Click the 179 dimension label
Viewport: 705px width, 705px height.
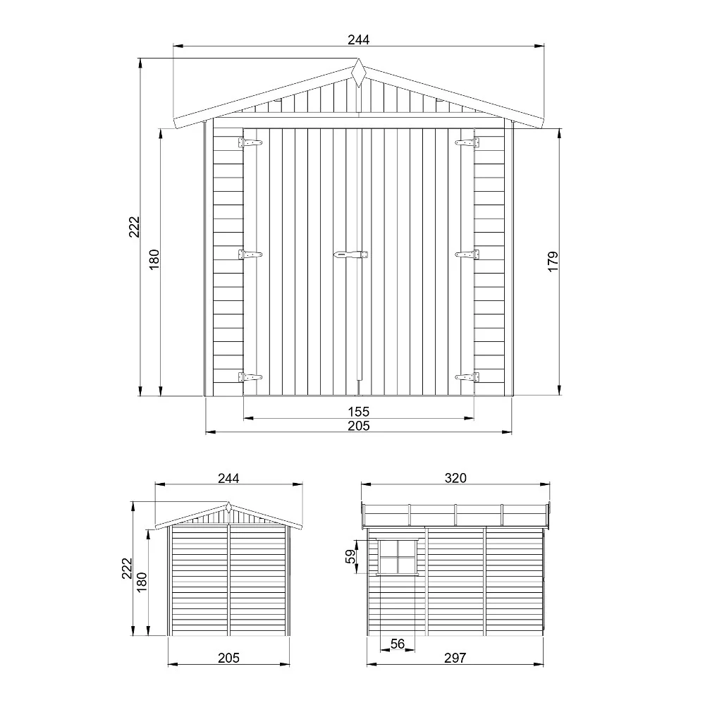coord(553,261)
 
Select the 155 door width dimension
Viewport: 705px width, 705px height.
coord(358,411)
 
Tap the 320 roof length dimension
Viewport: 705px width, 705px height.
coord(455,478)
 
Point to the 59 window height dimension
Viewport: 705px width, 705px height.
coord(350,557)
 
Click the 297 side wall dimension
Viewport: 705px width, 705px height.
coord(455,658)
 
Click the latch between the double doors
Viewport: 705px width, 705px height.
coord(351,254)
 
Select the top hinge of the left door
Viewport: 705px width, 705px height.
coord(250,142)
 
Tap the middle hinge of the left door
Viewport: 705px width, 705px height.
coord(250,254)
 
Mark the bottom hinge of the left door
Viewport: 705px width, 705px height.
coord(250,377)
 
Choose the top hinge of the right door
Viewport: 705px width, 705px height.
coord(467,142)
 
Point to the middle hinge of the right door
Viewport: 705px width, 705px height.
coord(467,254)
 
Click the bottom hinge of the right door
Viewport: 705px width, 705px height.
coord(467,377)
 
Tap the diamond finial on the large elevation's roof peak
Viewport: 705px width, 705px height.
coord(358,73)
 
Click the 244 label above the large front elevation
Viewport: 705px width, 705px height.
coord(358,40)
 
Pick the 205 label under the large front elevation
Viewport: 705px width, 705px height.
coord(358,425)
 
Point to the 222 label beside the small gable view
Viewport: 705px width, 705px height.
coord(127,568)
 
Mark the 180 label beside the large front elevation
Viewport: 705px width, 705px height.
coord(155,261)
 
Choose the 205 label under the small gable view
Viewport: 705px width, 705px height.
coord(228,658)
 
